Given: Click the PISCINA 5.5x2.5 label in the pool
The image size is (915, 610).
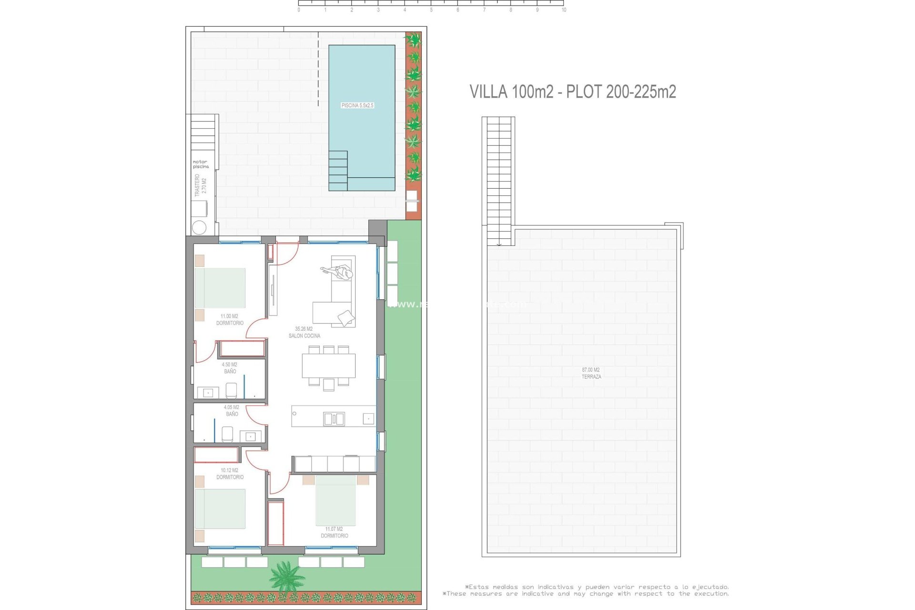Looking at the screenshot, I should click(x=357, y=105).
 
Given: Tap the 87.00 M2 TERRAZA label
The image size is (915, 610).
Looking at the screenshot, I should click(x=591, y=373).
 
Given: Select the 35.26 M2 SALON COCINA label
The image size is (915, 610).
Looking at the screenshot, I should click(x=304, y=332).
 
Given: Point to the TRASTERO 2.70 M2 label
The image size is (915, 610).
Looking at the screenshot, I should click(x=201, y=185).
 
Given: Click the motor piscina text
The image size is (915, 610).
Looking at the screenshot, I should click(x=201, y=164).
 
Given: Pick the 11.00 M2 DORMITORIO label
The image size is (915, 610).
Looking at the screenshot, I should click(x=230, y=320).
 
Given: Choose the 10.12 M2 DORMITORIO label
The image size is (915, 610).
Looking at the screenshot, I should click(x=230, y=474).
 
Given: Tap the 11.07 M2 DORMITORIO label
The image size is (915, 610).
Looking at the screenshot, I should click(x=334, y=532).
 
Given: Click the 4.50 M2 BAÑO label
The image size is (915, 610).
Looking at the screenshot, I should click(x=230, y=368).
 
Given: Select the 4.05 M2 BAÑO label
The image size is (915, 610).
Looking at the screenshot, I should click(x=232, y=410).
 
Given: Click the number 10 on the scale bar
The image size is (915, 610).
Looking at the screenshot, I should click(x=564, y=10).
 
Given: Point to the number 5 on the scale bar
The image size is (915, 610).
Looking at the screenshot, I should click(x=431, y=10).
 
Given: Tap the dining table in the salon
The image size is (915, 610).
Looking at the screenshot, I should click(x=328, y=366).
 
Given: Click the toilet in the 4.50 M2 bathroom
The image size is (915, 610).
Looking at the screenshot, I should click(x=231, y=390).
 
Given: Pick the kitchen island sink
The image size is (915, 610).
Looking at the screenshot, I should click(x=334, y=419).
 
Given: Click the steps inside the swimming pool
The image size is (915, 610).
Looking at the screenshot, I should click(x=338, y=171).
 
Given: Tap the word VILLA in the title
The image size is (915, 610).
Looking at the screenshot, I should click(x=488, y=91).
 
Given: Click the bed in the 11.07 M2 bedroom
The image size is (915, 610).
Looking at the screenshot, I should click(x=335, y=500).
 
